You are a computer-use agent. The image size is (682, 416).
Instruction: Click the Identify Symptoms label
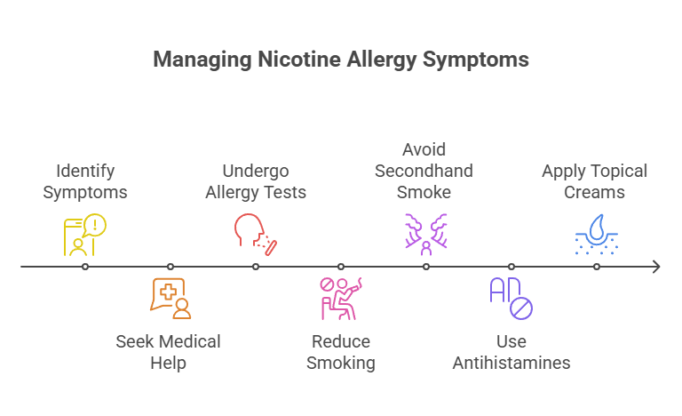click(85, 180)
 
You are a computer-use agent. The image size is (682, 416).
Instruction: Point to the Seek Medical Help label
click(169, 352)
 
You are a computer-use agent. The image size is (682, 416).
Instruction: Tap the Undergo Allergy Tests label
click(256, 180)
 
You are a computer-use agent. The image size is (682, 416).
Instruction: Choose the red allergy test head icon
click(256, 234)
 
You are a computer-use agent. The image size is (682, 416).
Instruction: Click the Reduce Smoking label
click(341, 352)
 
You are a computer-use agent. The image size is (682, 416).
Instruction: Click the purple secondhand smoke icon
click(426, 234)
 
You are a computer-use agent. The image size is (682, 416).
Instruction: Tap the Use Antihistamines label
click(511, 352)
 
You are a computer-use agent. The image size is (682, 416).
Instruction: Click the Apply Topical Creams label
click(595, 180)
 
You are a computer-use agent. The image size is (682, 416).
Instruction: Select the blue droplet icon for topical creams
click(597, 234)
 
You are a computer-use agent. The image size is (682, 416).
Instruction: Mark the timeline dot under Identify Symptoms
click(85, 267)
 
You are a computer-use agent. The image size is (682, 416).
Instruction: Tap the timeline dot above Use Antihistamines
click(511, 267)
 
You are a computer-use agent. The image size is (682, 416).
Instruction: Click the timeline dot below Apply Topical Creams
click(597, 267)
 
